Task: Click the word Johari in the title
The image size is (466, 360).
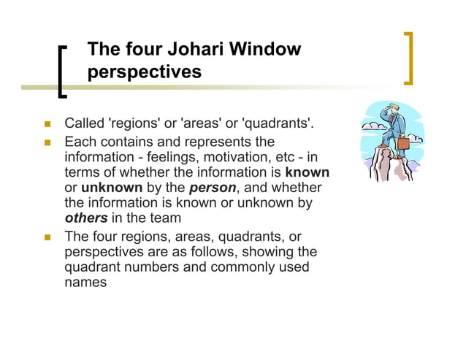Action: (196, 50)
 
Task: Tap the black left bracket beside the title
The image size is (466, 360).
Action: (62, 72)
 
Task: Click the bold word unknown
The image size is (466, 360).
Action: (110, 188)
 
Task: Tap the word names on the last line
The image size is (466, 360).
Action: (85, 282)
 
